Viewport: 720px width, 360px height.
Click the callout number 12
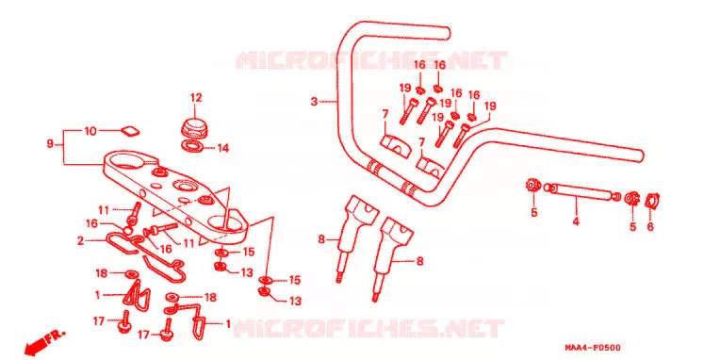point(196,98)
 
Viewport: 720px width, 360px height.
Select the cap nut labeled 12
point(195,126)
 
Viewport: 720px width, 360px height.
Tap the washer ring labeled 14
point(192,146)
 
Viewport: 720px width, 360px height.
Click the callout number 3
point(314,102)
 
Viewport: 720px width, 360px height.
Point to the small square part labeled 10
point(130,130)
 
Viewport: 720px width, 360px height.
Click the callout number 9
point(50,144)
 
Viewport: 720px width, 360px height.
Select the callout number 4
point(576,221)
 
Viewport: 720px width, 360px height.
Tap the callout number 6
point(650,226)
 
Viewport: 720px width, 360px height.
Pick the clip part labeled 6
point(652,201)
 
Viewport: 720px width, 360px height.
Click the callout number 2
point(80,240)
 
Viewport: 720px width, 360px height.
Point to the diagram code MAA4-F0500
point(594,348)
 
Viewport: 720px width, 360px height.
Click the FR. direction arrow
point(44,341)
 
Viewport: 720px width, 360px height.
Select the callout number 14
point(223,148)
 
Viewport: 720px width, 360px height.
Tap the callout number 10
point(90,131)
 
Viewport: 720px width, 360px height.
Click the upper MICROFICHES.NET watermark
point(371,60)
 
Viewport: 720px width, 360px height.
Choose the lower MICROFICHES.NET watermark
point(368,329)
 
